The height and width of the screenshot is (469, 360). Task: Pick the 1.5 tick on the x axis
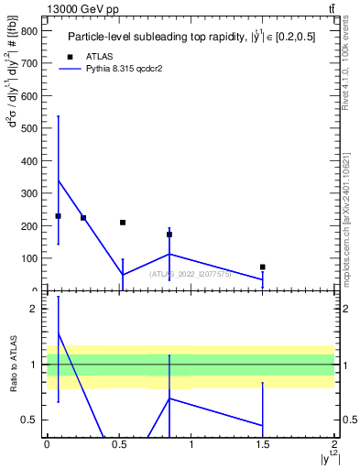[x=262, y=444]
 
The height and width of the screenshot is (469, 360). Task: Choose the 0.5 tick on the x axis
[x=118, y=444]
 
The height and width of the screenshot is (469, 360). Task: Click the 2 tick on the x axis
[x=334, y=444]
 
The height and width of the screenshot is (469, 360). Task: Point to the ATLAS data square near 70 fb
[x=263, y=267]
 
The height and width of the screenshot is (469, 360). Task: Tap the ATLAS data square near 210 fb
[x=123, y=223]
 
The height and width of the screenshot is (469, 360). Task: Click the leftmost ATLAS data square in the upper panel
[x=58, y=216]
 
